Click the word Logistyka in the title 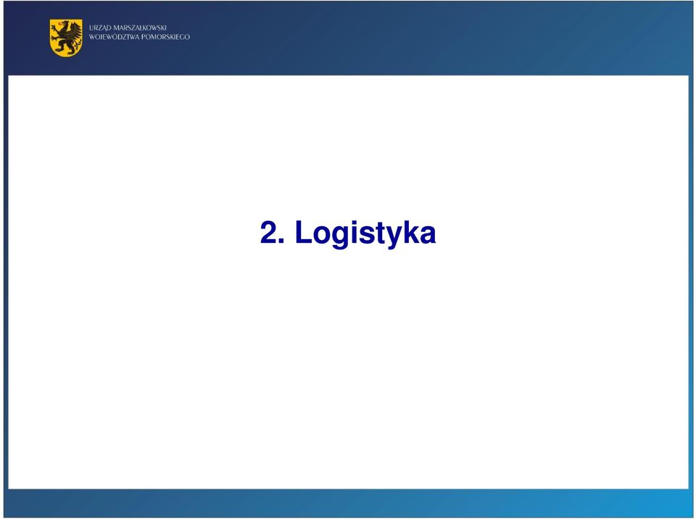[x=365, y=233]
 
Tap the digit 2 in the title [x=268, y=232]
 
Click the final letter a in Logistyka [x=428, y=235]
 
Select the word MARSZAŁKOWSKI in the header [x=139, y=28]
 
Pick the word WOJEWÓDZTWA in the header [x=114, y=37]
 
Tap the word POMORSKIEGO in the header [x=165, y=37]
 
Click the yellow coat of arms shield [x=66, y=38]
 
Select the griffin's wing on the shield [x=74, y=30]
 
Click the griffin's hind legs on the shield [x=67, y=46]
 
